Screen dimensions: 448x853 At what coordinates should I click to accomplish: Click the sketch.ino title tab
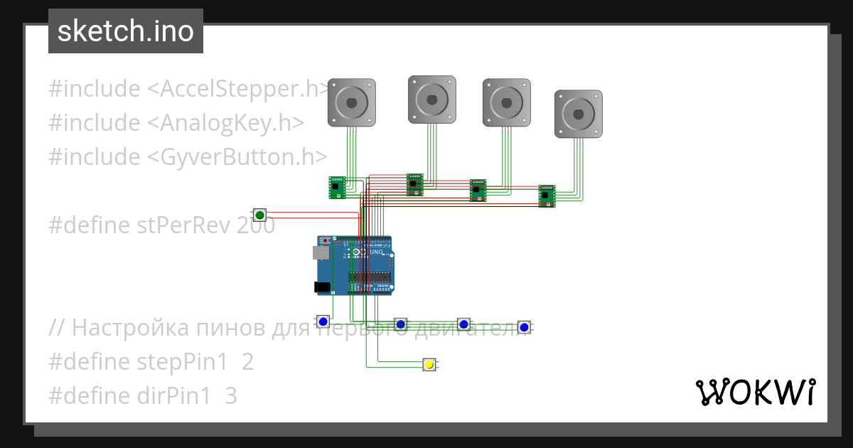coord(126,31)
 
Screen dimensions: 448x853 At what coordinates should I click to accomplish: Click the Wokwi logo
coord(755,392)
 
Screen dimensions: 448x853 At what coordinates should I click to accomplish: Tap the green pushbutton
coord(259,215)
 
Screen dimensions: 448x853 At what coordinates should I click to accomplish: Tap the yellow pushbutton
coord(429,365)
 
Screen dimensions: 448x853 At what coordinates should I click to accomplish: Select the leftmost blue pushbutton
coord(323,321)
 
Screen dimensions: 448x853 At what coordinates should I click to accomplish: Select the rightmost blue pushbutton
coord(524,327)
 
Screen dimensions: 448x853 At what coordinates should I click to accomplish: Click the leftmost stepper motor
coord(351,102)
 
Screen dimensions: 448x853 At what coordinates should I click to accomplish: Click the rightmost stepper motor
coord(578,113)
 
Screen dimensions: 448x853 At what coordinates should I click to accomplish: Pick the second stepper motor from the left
coord(431,98)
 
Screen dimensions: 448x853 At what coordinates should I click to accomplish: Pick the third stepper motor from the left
coord(506,102)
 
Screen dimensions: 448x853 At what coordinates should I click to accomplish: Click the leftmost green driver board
coord(337,188)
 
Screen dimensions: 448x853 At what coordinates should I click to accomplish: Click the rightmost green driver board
coord(546,196)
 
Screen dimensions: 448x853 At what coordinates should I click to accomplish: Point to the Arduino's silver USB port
coord(321,252)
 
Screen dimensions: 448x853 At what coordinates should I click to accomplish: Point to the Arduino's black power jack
coord(322,287)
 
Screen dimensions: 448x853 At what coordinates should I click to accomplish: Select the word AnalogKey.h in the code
coord(232,123)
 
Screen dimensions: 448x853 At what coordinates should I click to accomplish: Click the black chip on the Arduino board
coord(369,277)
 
